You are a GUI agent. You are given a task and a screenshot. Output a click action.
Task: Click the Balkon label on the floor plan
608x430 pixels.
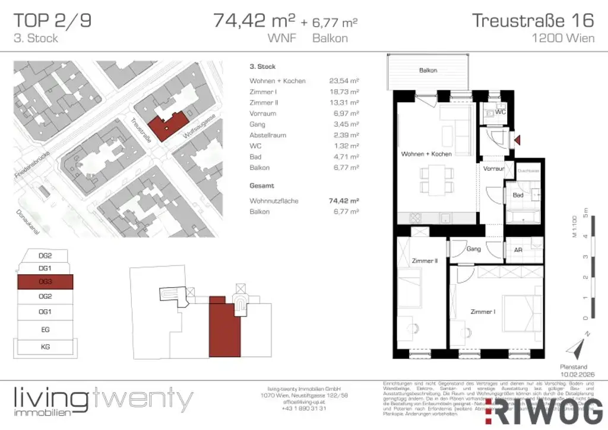click(428, 70)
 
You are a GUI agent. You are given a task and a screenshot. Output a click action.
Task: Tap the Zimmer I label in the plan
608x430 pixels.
click(482, 312)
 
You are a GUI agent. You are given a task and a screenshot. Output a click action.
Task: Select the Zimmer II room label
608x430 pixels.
click(425, 260)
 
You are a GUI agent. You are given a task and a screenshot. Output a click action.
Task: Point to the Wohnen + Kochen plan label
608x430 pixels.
click(426, 154)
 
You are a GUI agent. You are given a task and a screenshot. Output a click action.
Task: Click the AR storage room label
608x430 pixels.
click(518, 250)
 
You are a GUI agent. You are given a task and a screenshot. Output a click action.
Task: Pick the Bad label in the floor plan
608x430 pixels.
click(518, 195)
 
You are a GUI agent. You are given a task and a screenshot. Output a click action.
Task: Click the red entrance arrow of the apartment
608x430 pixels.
click(517, 140)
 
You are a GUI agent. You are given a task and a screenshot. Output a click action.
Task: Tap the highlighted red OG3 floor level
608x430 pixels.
click(45, 282)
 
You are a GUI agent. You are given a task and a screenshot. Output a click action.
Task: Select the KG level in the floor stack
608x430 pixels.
click(45, 346)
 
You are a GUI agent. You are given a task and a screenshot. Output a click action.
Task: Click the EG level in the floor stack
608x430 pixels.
click(45, 329)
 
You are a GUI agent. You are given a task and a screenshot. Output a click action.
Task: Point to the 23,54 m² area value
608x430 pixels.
click(344, 81)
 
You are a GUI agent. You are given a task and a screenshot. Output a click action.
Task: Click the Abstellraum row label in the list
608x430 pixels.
click(268, 135)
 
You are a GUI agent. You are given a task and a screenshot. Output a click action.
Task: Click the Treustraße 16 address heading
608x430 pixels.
click(533, 20)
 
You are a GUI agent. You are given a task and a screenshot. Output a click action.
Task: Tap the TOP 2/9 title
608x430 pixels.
click(52, 20)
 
